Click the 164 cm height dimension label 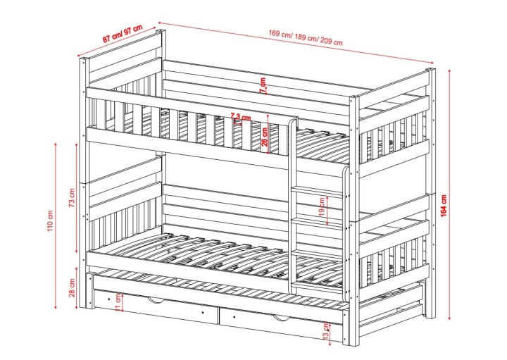click(444, 206)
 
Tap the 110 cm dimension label click(50, 221)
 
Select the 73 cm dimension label click(72, 198)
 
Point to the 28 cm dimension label click(72, 287)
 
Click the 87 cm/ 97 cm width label click(123, 33)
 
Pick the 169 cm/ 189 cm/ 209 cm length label click(306, 37)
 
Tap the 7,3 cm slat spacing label click(241, 116)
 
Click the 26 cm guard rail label click(265, 137)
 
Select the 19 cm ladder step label click(321, 207)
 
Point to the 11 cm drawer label click(118, 303)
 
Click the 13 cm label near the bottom click(326, 330)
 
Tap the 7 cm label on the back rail click(263, 85)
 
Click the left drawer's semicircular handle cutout click(156, 301)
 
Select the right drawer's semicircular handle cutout click(281, 318)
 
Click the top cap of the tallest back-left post click(161, 31)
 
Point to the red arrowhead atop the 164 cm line click(449, 71)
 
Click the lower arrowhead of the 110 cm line click(56, 306)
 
